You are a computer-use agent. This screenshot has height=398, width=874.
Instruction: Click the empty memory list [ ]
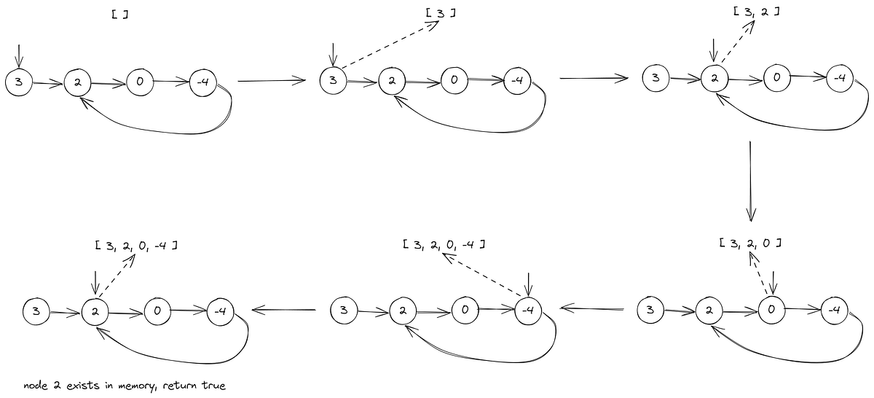tap(120, 15)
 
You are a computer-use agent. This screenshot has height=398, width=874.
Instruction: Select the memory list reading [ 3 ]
tap(441, 13)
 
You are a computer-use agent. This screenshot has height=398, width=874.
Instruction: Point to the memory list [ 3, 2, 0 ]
tap(750, 243)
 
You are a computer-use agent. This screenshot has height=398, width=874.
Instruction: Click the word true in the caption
tap(213, 386)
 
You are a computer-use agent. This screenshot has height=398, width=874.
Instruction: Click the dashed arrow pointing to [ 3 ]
tap(390, 44)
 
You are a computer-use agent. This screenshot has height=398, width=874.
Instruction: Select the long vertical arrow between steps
tap(751, 182)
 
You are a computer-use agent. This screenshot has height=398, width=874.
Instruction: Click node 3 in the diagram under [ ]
tap(19, 82)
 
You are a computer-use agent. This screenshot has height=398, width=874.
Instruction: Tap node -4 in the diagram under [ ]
tap(203, 82)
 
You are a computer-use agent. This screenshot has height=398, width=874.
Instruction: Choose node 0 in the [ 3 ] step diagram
tap(454, 80)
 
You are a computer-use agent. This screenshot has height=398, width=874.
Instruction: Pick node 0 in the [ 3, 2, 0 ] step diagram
tap(771, 310)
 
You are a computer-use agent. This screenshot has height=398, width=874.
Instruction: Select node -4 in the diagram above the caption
tap(221, 311)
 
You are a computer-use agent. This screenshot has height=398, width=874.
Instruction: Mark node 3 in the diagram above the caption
tap(36, 311)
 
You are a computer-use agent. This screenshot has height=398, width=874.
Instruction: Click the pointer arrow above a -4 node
tap(528, 284)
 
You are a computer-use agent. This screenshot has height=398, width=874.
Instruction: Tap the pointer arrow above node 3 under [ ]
tap(19, 56)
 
